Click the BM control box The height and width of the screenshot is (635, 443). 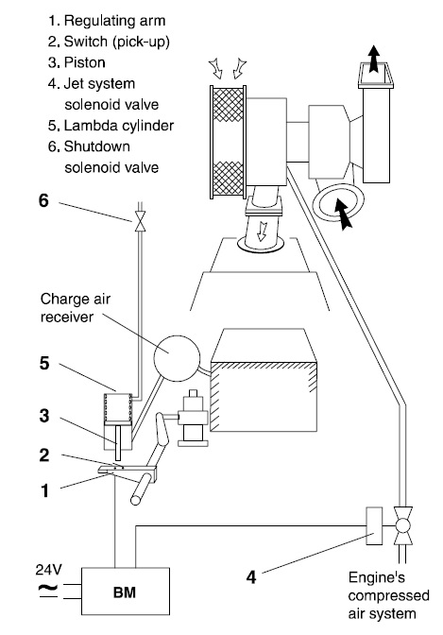[x=126, y=592]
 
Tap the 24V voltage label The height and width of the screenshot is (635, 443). [x=48, y=570]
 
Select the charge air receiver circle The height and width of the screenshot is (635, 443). [x=177, y=358]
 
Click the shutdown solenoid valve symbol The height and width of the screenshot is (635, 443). [x=140, y=223]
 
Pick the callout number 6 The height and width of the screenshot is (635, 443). [x=43, y=200]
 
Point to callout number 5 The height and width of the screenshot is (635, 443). [x=44, y=363]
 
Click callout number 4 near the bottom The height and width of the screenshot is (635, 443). [x=251, y=577]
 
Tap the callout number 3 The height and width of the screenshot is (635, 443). [x=44, y=416]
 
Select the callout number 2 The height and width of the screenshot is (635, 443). [x=44, y=455]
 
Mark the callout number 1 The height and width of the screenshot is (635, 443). [x=44, y=490]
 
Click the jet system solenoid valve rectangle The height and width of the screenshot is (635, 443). [x=374, y=525]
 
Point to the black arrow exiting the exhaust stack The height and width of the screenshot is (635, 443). [x=373, y=59]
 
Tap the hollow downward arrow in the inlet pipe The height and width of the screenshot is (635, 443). [x=262, y=232]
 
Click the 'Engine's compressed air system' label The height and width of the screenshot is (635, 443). [x=388, y=595]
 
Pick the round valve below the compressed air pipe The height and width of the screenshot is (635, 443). [x=402, y=526]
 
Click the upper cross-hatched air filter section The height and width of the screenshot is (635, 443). [x=229, y=105]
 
